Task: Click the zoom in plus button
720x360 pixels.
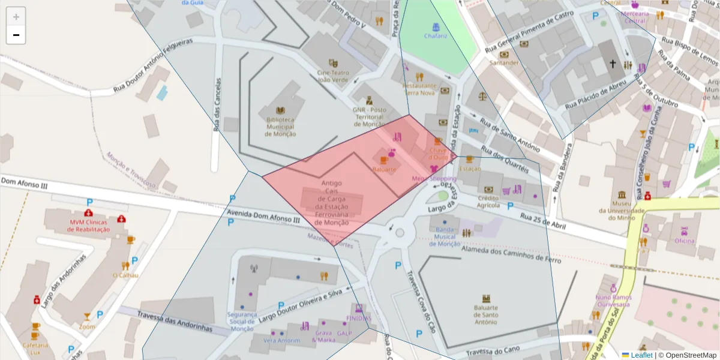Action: (x=16, y=17)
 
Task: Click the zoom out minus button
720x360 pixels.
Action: (x=16, y=35)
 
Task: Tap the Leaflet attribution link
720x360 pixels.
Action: (x=641, y=355)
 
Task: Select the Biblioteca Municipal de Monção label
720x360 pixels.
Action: (x=280, y=127)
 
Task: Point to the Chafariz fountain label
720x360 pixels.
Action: (x=436, y=35)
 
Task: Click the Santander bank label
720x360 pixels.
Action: (x=504, y=62)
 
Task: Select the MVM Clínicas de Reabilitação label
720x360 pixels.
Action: (x=89, y=226)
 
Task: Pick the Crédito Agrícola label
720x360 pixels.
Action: (x=488, y=202)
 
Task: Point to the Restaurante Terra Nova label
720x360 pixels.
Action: (x=419, y=89)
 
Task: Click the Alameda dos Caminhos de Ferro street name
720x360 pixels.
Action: (x=511, y=255)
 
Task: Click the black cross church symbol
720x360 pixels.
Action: (x=613, y=63)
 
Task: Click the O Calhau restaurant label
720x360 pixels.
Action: (x=125, y=275)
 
